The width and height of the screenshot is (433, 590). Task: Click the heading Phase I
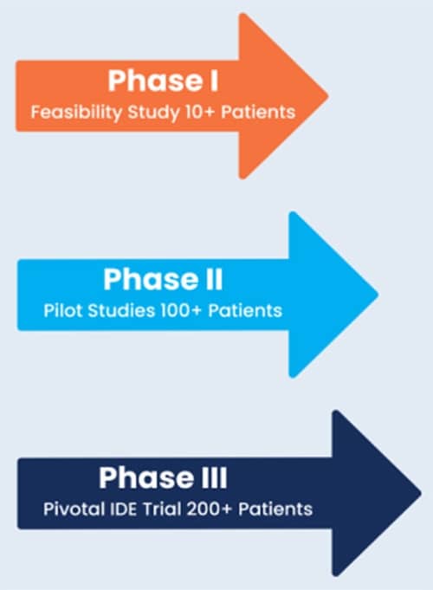pyautogui.click(x=163, y=81)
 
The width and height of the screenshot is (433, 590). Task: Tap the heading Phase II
pyautogui.click(x=163, y=280)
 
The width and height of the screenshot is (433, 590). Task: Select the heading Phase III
pyautogui.click(x=163, y=477)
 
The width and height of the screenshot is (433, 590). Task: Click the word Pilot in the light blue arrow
pyautogui.click(x=59, y=310)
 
